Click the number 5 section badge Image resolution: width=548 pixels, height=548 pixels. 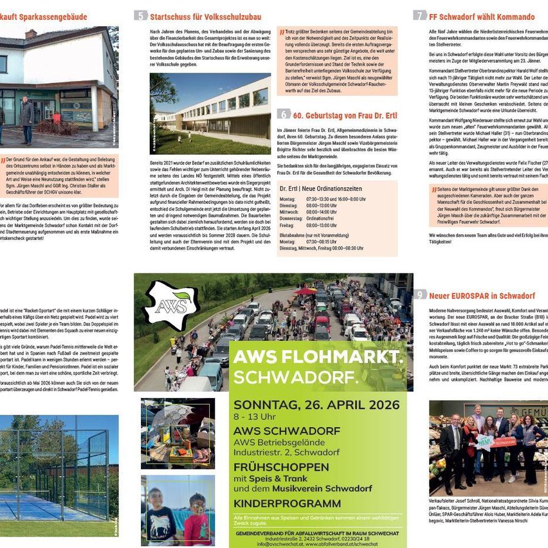(141, 15)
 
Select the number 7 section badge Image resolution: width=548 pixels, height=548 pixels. (419, 15)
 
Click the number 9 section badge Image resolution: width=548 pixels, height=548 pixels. (419, 295)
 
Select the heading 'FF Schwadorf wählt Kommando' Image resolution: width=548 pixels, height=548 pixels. (482, 16)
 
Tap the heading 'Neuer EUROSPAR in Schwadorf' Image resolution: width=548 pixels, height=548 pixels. (482, 296)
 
